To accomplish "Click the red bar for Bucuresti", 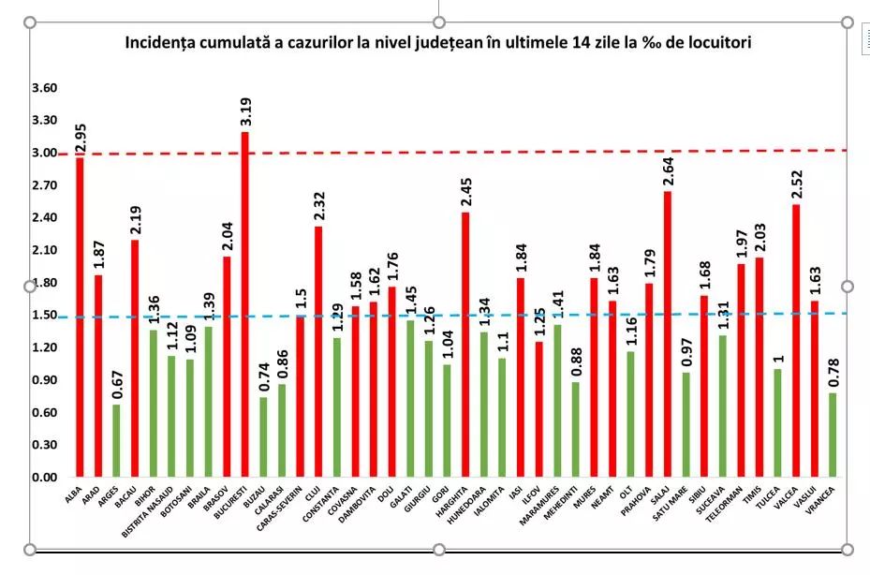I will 245,304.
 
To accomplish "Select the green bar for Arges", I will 116,440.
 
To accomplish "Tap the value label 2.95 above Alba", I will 81,136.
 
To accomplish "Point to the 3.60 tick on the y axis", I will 44,88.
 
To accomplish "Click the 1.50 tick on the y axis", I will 44,316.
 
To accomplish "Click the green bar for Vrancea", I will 833,435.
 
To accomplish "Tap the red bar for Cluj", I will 318,351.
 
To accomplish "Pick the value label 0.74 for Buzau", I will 263,378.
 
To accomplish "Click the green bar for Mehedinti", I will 576,430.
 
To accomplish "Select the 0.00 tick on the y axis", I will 44,478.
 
